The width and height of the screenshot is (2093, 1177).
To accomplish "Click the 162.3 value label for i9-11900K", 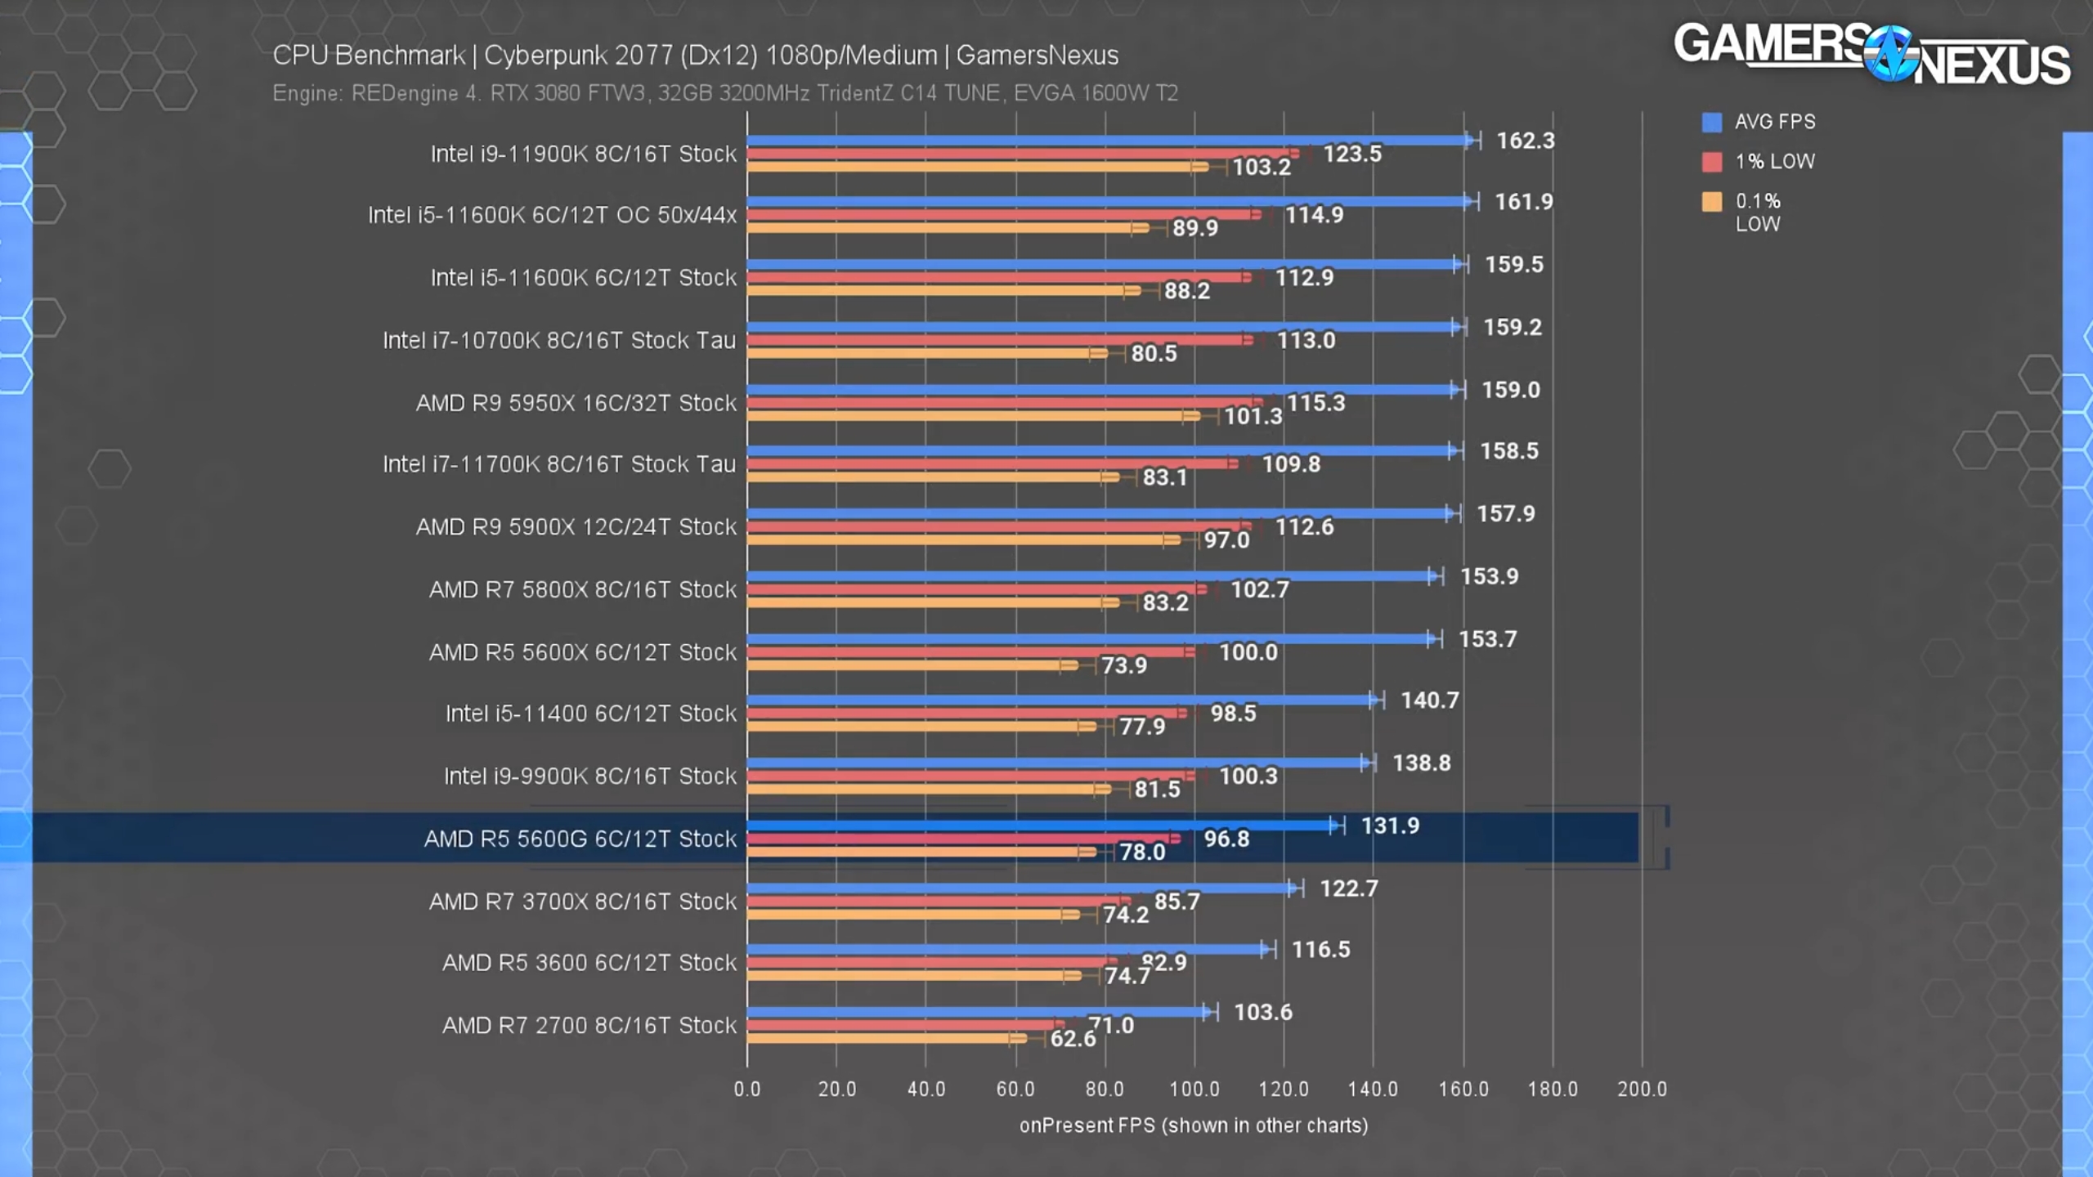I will click(1525, 141).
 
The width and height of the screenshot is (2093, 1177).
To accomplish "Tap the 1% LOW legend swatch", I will click(1711, 162).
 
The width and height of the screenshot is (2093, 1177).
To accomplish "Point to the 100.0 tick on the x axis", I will click(1194, 1089).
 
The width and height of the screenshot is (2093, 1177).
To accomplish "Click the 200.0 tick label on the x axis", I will click(1642, 1089).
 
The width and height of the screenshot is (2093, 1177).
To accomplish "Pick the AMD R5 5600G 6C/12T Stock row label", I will click(580, 839).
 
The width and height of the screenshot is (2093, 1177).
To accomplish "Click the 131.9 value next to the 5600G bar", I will click(1390, 826).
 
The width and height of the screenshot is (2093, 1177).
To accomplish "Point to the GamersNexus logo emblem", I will click(1889, 54).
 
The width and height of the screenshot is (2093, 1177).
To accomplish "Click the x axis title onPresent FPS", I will click(1193, 1126).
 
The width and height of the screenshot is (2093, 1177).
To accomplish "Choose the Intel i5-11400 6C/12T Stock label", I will click(590, 714).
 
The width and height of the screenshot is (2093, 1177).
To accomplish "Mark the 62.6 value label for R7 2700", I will click(1072, 1039).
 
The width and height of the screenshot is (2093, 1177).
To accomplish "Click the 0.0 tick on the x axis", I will click(746, 1089).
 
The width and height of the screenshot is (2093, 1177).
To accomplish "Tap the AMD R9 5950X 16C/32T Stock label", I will click(576, 403).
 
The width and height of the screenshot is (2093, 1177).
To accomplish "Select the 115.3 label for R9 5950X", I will click(1315, 403).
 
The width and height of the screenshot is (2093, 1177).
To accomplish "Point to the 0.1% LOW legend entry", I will click(1758, 212).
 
